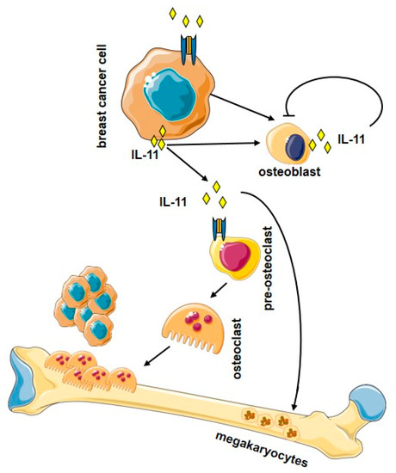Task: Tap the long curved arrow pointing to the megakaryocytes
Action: [x=293, y=284]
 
